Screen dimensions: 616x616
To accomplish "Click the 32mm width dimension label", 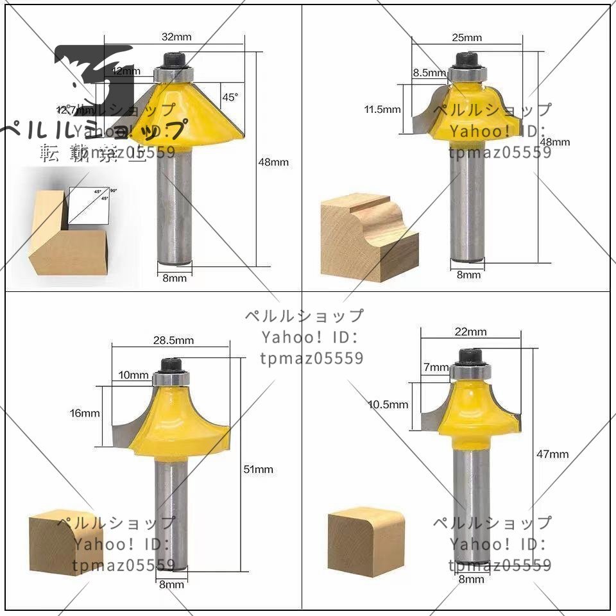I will (178, 37).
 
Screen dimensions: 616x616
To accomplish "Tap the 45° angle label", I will (230, 98).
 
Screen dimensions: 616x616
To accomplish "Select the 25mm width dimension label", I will (466, 37).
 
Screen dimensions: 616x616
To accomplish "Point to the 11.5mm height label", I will (382, 110).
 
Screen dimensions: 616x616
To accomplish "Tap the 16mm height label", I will (85, 413).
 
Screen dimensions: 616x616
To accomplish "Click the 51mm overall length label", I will (259, 470).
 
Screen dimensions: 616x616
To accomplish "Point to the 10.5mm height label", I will (388, 404).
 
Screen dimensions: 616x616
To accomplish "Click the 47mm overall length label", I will (554, 454).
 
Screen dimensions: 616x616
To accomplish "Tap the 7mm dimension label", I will (436, 368).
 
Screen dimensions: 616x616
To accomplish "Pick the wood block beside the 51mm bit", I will (57, 542).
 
